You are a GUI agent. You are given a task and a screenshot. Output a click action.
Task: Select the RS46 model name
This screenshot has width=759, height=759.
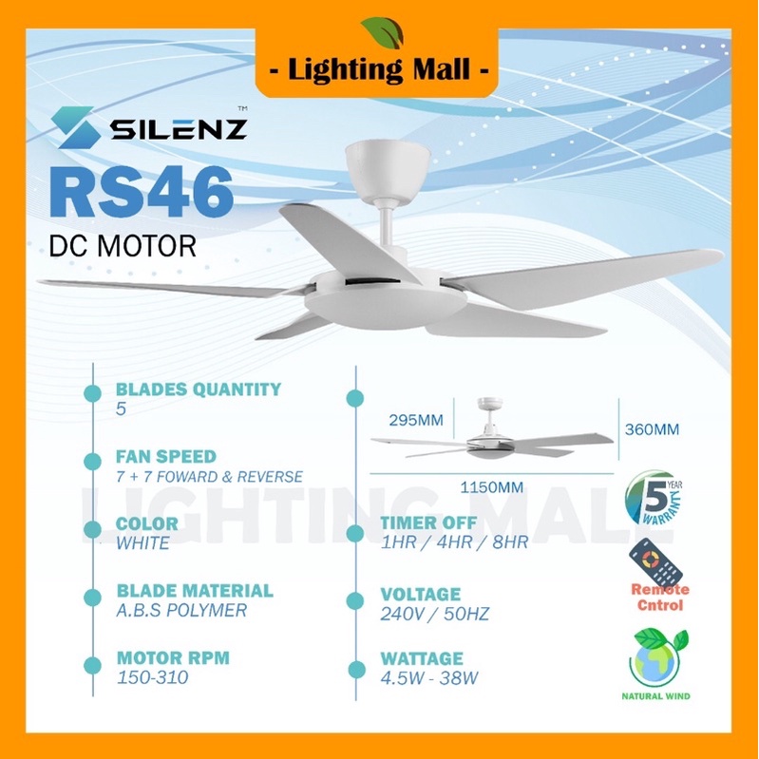coord(142,188)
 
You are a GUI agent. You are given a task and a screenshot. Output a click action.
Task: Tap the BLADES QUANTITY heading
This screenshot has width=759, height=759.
coord(198,389)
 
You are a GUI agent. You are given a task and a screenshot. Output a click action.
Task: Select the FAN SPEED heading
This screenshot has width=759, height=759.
coord(165,456)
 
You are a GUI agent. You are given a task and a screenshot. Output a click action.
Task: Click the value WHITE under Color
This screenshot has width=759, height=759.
coord(142,543)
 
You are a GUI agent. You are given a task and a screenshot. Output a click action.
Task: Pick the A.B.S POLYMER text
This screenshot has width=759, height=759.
coord(180,610)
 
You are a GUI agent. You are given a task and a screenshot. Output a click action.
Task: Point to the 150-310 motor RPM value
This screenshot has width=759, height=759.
coord(153,677)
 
